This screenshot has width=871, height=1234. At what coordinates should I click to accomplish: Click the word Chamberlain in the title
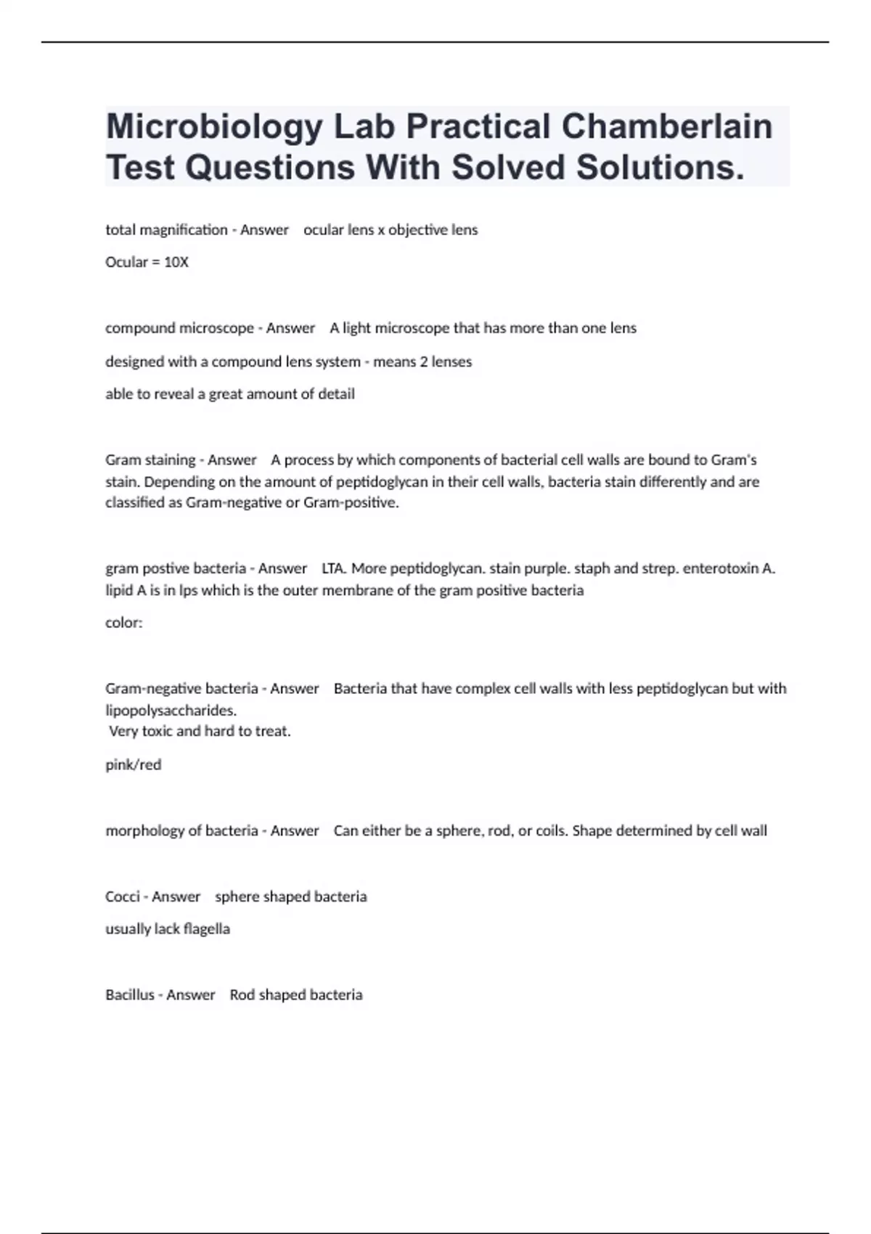pyautogui.click(x=666, y=126)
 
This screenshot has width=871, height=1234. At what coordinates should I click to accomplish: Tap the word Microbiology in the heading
pyautogui.click(x=214, y=128)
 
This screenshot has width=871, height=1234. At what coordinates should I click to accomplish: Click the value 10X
pyautogui.click(x=176, y=262)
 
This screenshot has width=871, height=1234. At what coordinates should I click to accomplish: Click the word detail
pyautogui.click(x=336, y=394)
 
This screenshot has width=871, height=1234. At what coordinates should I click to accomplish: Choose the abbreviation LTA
pyautogui.click(x=333, y=568)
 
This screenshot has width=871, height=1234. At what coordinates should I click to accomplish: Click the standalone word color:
pyautogui.click(x=124, y=623)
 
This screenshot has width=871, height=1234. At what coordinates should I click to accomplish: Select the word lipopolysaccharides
pyautogui.click(x=171, y=710)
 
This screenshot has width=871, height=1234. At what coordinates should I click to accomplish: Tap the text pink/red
pyautogui.click(x=134, y=764)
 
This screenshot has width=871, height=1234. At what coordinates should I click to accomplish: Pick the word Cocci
pyautogui.click(x=123, y=896)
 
